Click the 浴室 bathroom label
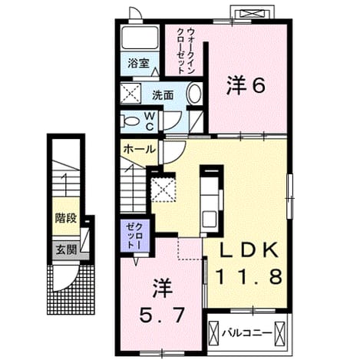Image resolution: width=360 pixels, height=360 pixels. point(138,63)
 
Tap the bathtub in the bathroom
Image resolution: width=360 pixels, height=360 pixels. point(140,38)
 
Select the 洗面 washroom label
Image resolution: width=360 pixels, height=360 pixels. point(163,95)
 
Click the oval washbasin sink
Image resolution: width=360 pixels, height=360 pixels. point(195,94)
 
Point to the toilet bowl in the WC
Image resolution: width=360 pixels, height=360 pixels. point(130,121)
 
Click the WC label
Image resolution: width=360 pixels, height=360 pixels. point(150,122)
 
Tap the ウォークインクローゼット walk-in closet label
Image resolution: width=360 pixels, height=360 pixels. point(187,51)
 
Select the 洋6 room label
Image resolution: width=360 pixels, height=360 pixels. point(245,86)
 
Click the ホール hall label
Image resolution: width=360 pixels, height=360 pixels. point(140,149)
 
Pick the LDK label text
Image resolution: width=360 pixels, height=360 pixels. point(249,249)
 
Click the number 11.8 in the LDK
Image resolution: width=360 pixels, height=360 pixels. point(249,276)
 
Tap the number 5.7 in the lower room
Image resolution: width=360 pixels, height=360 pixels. point(161,315)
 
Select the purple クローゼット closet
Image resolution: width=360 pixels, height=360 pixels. point(135,236)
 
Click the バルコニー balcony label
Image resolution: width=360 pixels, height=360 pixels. point(246,333)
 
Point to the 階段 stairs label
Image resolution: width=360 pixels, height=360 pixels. point(66,218)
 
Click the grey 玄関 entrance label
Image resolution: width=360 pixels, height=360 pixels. point(67,249)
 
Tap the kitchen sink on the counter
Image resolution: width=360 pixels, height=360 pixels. point(210,219)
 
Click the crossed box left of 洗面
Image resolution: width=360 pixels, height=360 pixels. point(130,94)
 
